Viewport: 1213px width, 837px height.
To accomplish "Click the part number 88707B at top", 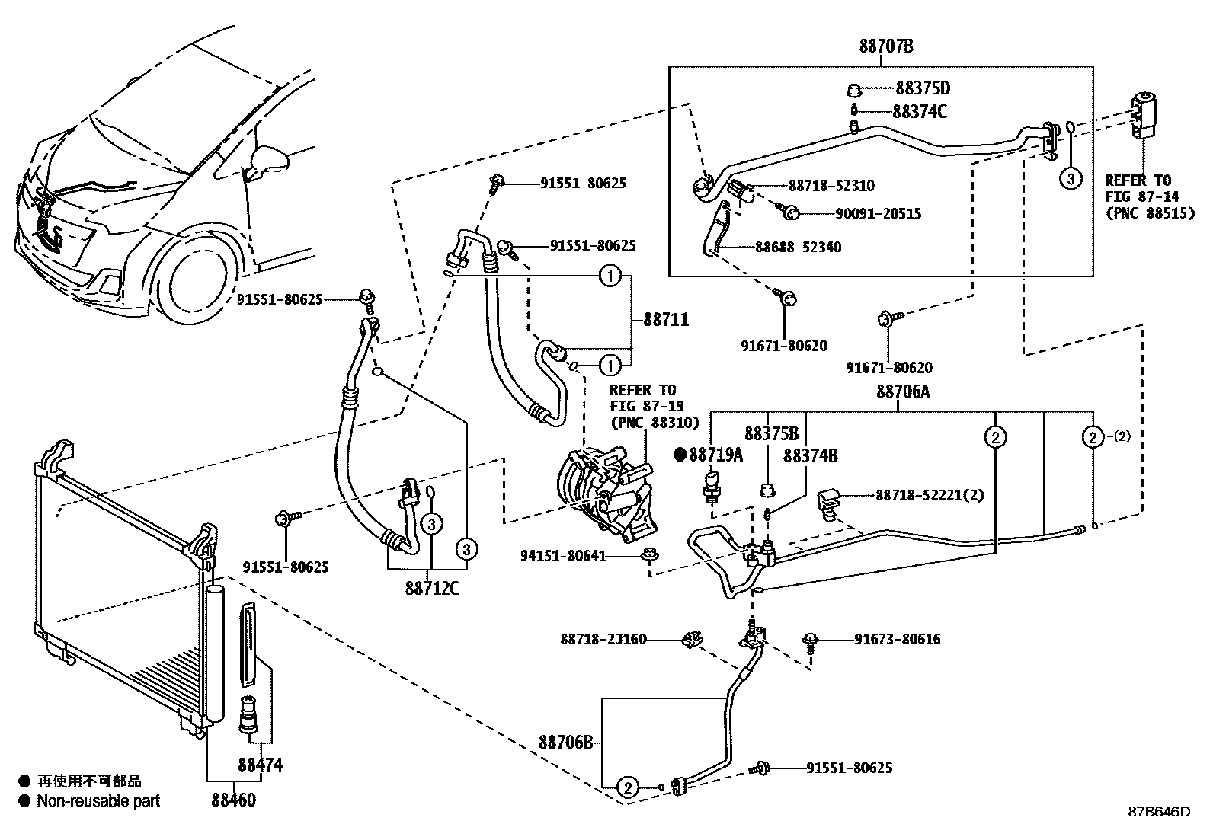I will coord(885,47).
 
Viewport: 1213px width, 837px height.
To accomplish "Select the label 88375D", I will coord(923,88).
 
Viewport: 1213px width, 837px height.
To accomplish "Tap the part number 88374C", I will coord(920,112).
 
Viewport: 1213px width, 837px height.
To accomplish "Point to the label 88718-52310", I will coord(831,186).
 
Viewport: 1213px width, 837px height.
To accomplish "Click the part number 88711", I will coord(665,320).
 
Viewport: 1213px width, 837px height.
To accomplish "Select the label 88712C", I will coord(432,589).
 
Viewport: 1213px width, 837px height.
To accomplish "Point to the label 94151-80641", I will coord(563,556).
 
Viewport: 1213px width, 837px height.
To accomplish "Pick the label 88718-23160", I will coord(603,640).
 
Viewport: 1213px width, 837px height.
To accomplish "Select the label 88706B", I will coord(565,742).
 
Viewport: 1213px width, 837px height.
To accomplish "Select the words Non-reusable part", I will coord(98,800).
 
